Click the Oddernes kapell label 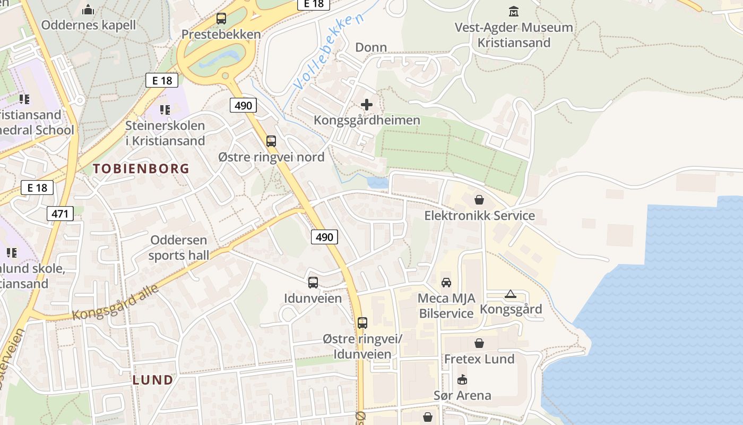point(89,25)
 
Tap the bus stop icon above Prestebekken point(221,19)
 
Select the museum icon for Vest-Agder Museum point(514,11)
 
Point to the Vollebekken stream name point(329,52)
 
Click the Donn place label point(371,47)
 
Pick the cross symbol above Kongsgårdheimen point(367,105)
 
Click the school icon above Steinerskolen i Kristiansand point(165,110)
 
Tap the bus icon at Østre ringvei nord point(271,141)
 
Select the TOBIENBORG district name point(141,169)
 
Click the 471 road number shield point(60,214)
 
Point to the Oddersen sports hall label point(179,248)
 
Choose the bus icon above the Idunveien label point(313,283)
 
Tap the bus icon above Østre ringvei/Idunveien point(362,323)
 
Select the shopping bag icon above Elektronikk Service point(479,200)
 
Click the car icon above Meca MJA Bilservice point(446,282)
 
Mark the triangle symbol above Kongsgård point(511,294)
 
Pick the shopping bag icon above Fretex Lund point(479,343)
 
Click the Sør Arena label point(462,395)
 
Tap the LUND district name point(153,380)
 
